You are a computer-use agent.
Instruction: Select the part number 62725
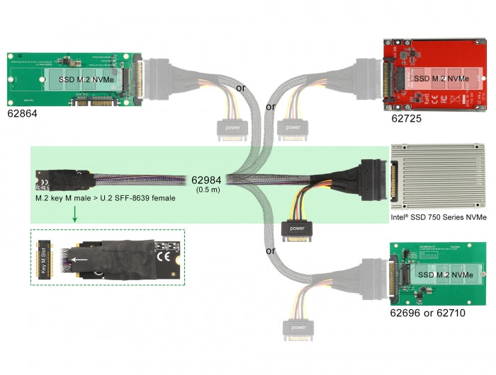coord(406,119)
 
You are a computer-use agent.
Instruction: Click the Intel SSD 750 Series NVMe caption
coord(439,217)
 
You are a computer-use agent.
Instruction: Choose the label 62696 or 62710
coord(427,312)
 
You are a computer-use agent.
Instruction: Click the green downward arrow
coord(75,216)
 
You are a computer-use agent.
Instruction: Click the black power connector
coord(298,231)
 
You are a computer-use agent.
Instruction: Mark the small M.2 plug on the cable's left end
coord(43,182)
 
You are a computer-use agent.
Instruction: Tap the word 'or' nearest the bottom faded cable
coord(270,250)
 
